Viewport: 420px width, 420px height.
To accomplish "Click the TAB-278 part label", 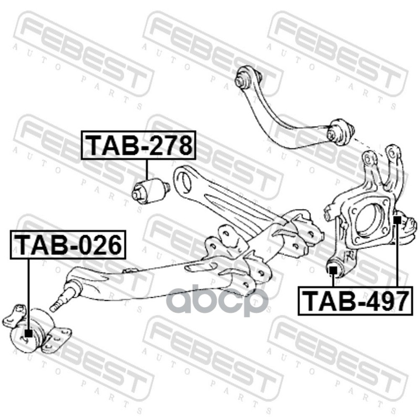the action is click(139, 145).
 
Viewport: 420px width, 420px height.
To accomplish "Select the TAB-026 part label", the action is click(68, 245).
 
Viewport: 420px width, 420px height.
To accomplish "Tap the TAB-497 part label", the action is click(356, 300).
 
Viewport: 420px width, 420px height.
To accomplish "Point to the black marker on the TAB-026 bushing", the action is click(29, 332).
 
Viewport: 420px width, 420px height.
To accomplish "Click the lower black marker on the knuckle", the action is click(332, 270).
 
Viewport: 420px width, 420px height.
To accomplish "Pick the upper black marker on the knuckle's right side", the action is click(397, 219).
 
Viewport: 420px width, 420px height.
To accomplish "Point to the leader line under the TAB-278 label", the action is click(147, 169).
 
